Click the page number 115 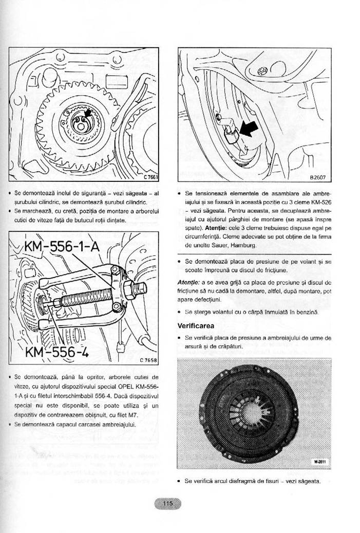[168, 504]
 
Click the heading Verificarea [196, 326]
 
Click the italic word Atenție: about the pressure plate [189, 282]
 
